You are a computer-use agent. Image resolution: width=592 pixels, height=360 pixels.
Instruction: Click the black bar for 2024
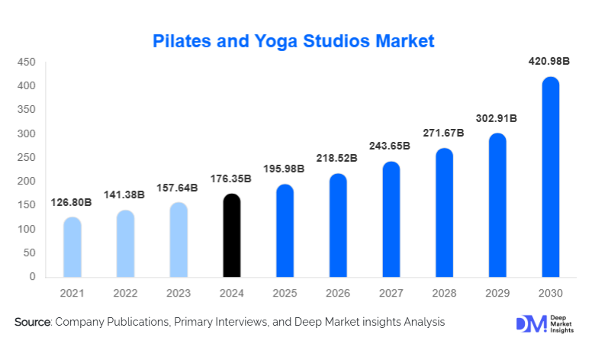click(x=232, y=236)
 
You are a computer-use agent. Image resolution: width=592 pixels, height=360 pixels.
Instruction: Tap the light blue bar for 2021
click(x=72, y=247)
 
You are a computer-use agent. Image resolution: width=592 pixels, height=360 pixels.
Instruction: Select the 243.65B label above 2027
click(x=391, y=146)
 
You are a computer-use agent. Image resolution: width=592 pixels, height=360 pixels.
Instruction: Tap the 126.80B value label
click(x=72, y=204)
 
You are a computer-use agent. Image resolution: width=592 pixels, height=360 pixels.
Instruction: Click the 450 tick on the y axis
click(x=26, y=63)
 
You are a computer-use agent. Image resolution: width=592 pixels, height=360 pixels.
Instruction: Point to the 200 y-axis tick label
click(x=26, y=182)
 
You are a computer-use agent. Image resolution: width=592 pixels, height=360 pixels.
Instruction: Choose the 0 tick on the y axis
click(x=32, y=277)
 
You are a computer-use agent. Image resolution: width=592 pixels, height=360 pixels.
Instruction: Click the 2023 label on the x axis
click(x=179, y=293)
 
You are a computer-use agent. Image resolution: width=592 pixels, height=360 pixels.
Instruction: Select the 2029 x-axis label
click(x=497, y=293)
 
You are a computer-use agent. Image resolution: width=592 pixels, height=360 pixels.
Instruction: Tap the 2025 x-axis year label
click(x=285, y=293)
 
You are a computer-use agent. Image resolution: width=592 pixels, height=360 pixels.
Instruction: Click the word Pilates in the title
click(x=182, y=40)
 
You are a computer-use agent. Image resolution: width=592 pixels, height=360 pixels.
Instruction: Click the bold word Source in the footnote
click(x=31, y=323)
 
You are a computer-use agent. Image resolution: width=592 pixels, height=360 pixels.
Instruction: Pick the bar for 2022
click(x=125, y=243)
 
